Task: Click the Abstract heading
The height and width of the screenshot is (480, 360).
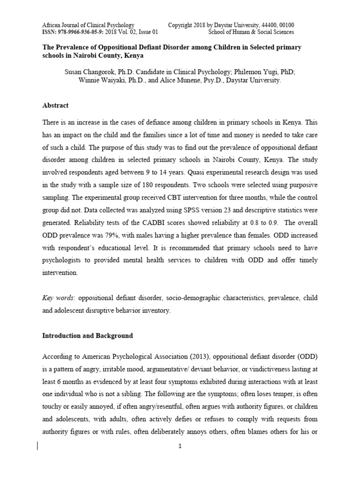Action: point(55,106)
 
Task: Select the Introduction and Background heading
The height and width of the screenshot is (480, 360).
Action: point(88,336)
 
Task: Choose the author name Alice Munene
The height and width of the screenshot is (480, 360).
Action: point(184,80)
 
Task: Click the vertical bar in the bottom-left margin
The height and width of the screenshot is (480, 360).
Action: point(37,445)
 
